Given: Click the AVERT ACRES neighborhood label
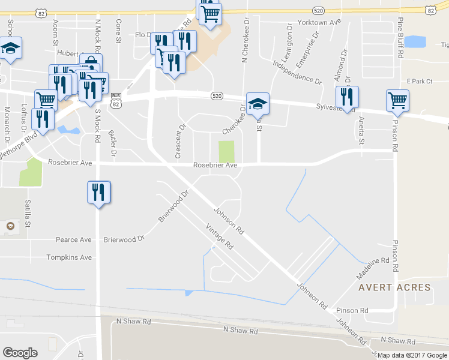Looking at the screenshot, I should point(394,287).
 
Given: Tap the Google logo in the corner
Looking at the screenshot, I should point(20,353).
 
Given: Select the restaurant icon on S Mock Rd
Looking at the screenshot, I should point(98,192).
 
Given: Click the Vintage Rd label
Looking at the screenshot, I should point(219,236).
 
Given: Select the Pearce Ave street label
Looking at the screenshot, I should point(73,239).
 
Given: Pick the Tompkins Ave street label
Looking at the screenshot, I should point(70,257).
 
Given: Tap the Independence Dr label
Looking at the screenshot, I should point(297,71).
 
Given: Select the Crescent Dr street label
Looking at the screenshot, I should point(178,142).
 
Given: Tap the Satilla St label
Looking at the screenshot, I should point(28,214).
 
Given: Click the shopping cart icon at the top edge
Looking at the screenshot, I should point(210,13).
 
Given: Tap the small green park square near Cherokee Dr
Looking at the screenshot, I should point(226,151).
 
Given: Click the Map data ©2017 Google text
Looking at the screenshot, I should point(412,355).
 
